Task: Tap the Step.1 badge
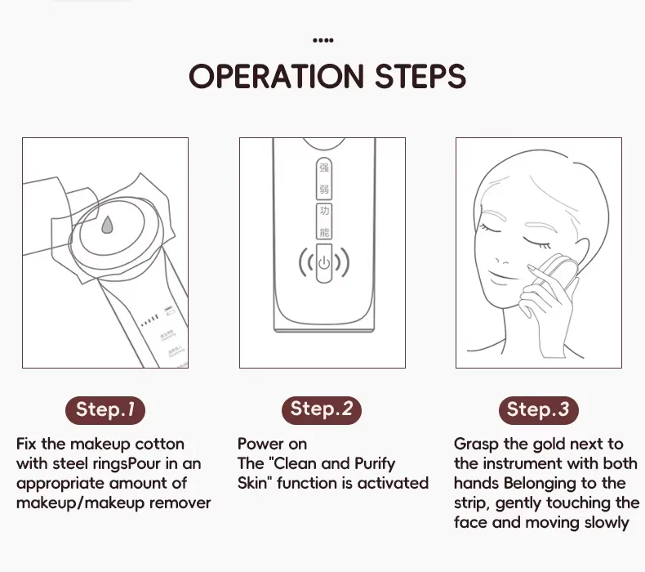(x=105, y=409)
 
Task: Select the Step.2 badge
(x=322, y=409)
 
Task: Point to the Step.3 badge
(x=538, y=409)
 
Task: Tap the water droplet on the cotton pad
(x=107, y=226)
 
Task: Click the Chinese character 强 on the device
(x=324, y=169)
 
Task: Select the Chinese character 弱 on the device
(x=324, y=189)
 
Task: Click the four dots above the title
(x=323, y=39)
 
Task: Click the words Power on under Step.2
(x=273, y=444)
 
